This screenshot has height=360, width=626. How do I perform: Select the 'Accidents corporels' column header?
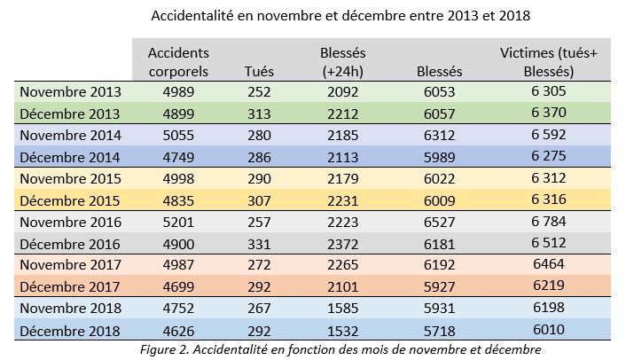point(178,61)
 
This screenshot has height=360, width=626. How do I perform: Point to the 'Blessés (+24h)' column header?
point(342,61)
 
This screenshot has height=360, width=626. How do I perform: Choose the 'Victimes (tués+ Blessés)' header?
point(549,61)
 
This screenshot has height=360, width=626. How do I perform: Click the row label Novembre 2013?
point(71,92)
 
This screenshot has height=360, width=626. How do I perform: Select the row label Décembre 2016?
point(71,245)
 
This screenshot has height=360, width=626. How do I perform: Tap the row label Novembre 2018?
point(71,309)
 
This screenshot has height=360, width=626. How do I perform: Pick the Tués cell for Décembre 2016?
point(258,245)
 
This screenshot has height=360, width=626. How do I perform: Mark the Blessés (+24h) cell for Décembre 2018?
point(342,331)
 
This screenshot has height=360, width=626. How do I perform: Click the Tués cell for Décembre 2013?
point(258,113)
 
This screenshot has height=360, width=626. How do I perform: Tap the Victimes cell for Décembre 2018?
point(549,331)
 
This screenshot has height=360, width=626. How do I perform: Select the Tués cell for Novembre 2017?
point(258,266)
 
